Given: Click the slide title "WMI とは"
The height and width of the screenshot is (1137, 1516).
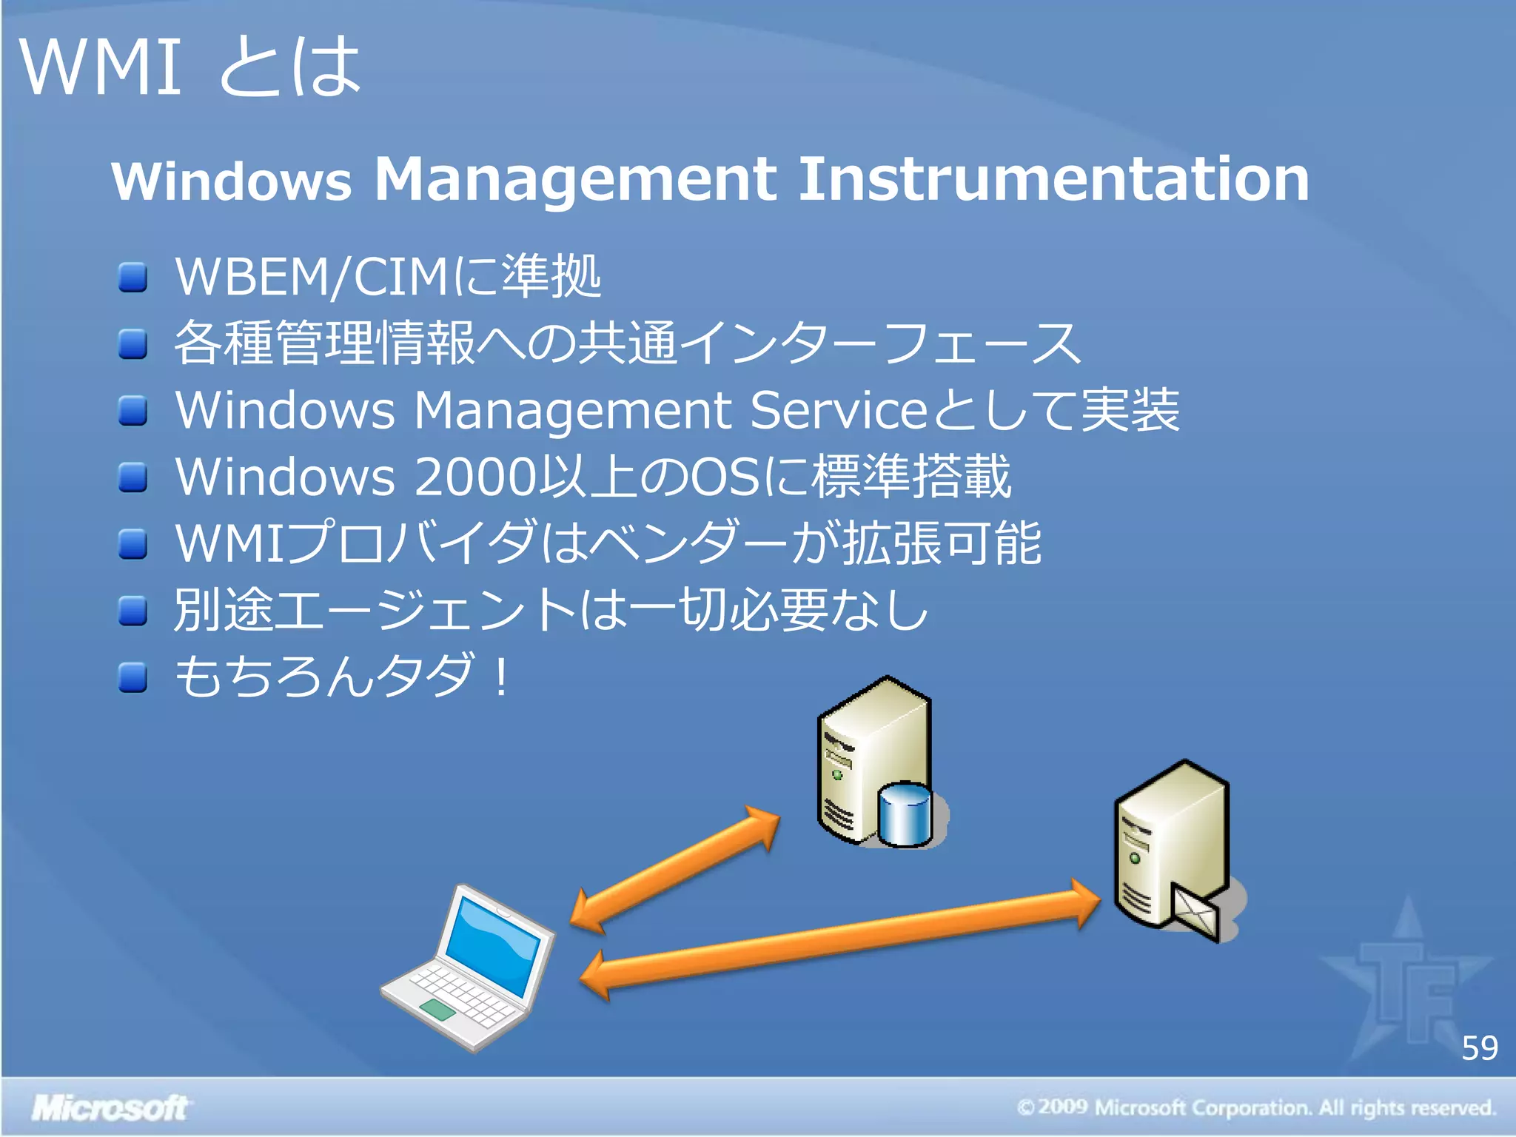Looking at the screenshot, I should [x=191, y=67].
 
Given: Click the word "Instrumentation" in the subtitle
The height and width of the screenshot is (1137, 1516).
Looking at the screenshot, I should [x=1054, y=179].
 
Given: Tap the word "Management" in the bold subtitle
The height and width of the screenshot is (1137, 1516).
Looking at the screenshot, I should [x=575, y=179].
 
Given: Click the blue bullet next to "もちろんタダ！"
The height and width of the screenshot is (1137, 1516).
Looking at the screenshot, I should [x=133, y=677].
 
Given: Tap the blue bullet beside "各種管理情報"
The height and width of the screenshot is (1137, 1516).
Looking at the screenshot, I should [x=133, y=343].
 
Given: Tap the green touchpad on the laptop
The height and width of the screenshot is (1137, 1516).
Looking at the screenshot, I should [x=437, y=1009].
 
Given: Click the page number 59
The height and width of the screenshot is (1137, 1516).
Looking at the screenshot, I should [x=1479, y=1048].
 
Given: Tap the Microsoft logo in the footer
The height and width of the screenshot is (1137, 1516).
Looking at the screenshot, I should [x=110, y=1107].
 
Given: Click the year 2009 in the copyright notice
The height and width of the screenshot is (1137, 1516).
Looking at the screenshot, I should [x=1062, y=1107].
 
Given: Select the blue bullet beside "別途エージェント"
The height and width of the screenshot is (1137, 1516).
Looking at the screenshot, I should [x=133, y=611].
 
